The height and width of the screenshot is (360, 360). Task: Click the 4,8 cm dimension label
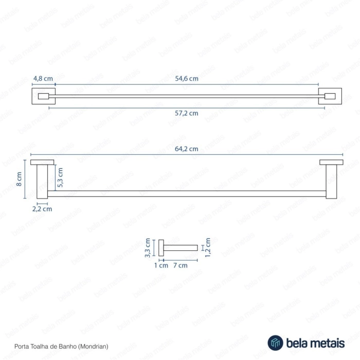[43, 79]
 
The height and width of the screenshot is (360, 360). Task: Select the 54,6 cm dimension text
[187, 79]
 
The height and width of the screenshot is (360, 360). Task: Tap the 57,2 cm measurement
[187, 113]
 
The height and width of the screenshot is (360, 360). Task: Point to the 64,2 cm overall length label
[187, 149]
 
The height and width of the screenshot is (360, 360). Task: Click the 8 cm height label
[19, 179]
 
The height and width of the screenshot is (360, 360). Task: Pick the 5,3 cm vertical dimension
[60, 177]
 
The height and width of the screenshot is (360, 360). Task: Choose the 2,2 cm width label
[42, 209]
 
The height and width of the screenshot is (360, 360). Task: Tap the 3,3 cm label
[148, 248]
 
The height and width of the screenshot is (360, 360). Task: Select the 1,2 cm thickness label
[208, 247]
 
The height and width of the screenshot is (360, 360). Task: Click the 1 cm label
[161, 266]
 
